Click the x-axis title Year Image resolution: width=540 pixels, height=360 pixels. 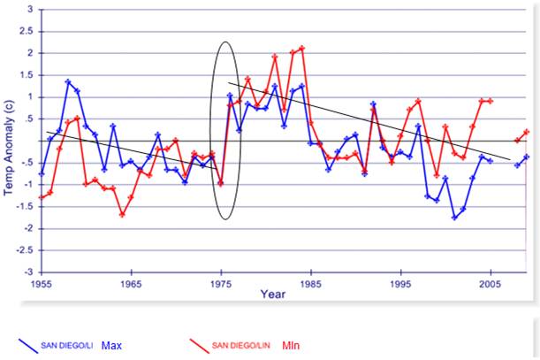click(x=273, y=295)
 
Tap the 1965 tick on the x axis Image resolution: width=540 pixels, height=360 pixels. click(x=131, y=284)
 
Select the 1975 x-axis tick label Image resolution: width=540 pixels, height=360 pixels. click(x=221, y=284)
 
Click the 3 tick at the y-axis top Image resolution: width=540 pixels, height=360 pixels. click(x=31, y=10)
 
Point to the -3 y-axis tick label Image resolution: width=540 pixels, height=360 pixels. click(x=28, y=272)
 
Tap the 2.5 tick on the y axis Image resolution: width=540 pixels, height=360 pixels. click(x=28, y=31)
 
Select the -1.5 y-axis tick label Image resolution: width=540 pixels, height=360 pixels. click(x=27, y=206)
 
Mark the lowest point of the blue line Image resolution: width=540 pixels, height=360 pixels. click(x=454, y=218)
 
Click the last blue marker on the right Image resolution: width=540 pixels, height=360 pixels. click(x=527, y=157)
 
